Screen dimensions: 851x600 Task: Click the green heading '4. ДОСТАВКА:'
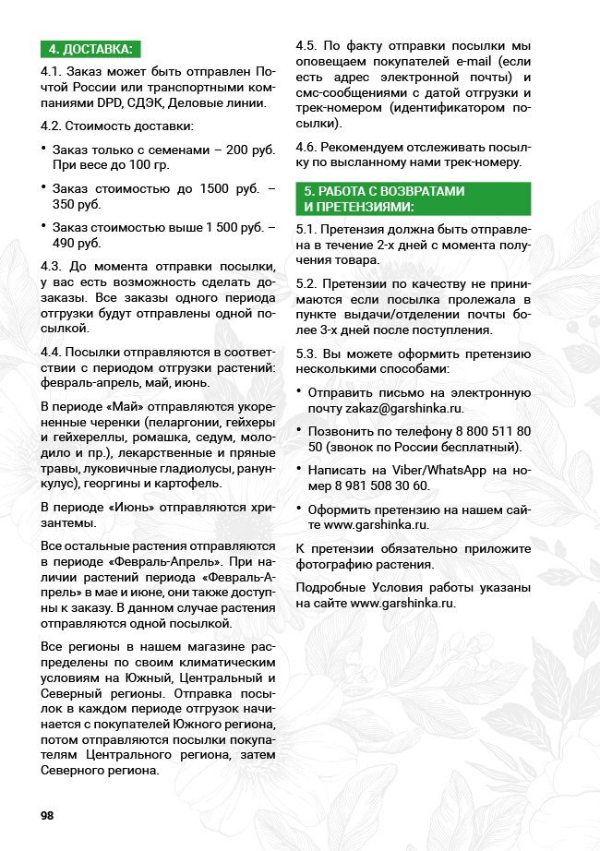90,50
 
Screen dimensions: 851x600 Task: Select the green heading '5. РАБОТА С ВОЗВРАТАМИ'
385,191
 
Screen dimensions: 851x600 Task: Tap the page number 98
47,815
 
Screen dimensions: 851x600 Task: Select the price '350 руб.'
76,203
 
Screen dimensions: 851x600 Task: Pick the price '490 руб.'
76,243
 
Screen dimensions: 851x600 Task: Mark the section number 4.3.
53,266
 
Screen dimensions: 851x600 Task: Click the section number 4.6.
307,148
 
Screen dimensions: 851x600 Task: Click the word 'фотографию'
330,563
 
